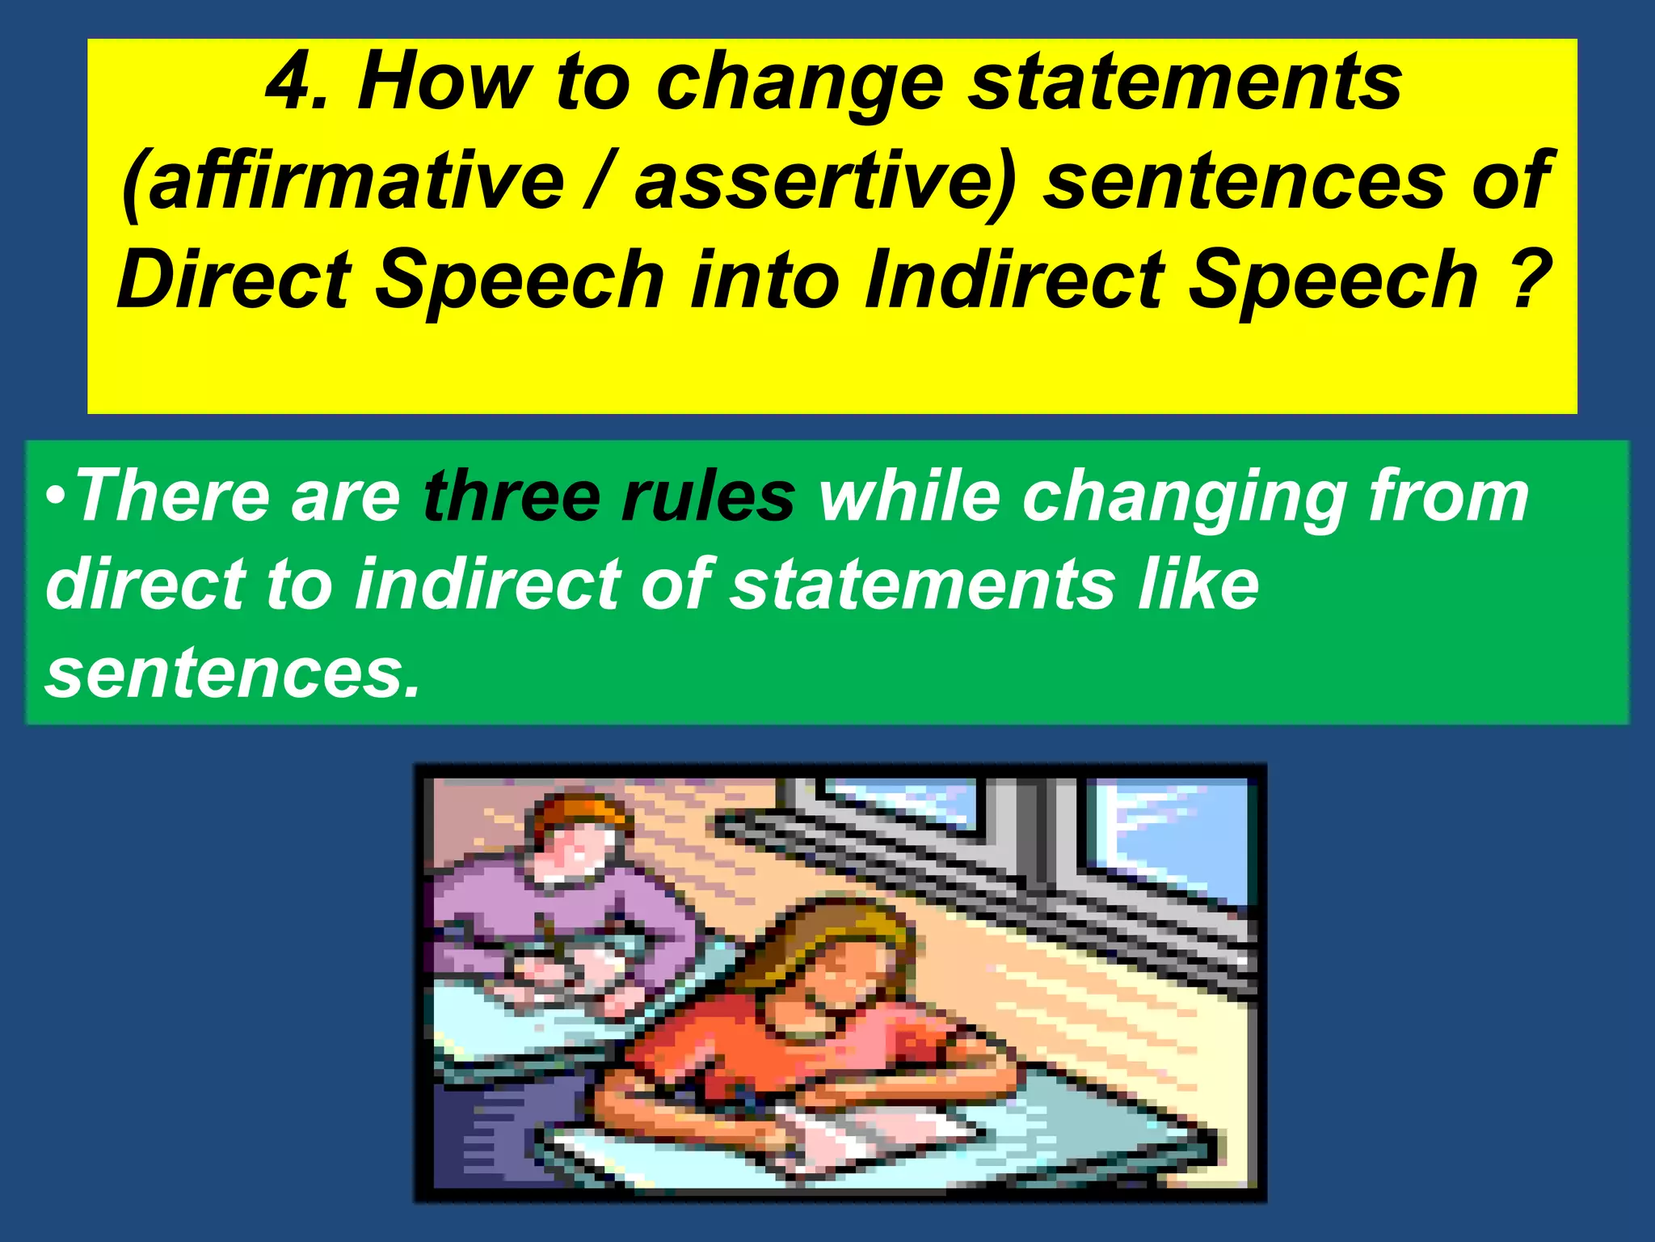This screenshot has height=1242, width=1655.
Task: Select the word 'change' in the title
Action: [799, 86]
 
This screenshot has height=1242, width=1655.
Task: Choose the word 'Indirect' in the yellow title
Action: [1013, 280]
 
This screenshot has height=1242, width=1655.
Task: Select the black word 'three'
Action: [512, 496]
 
